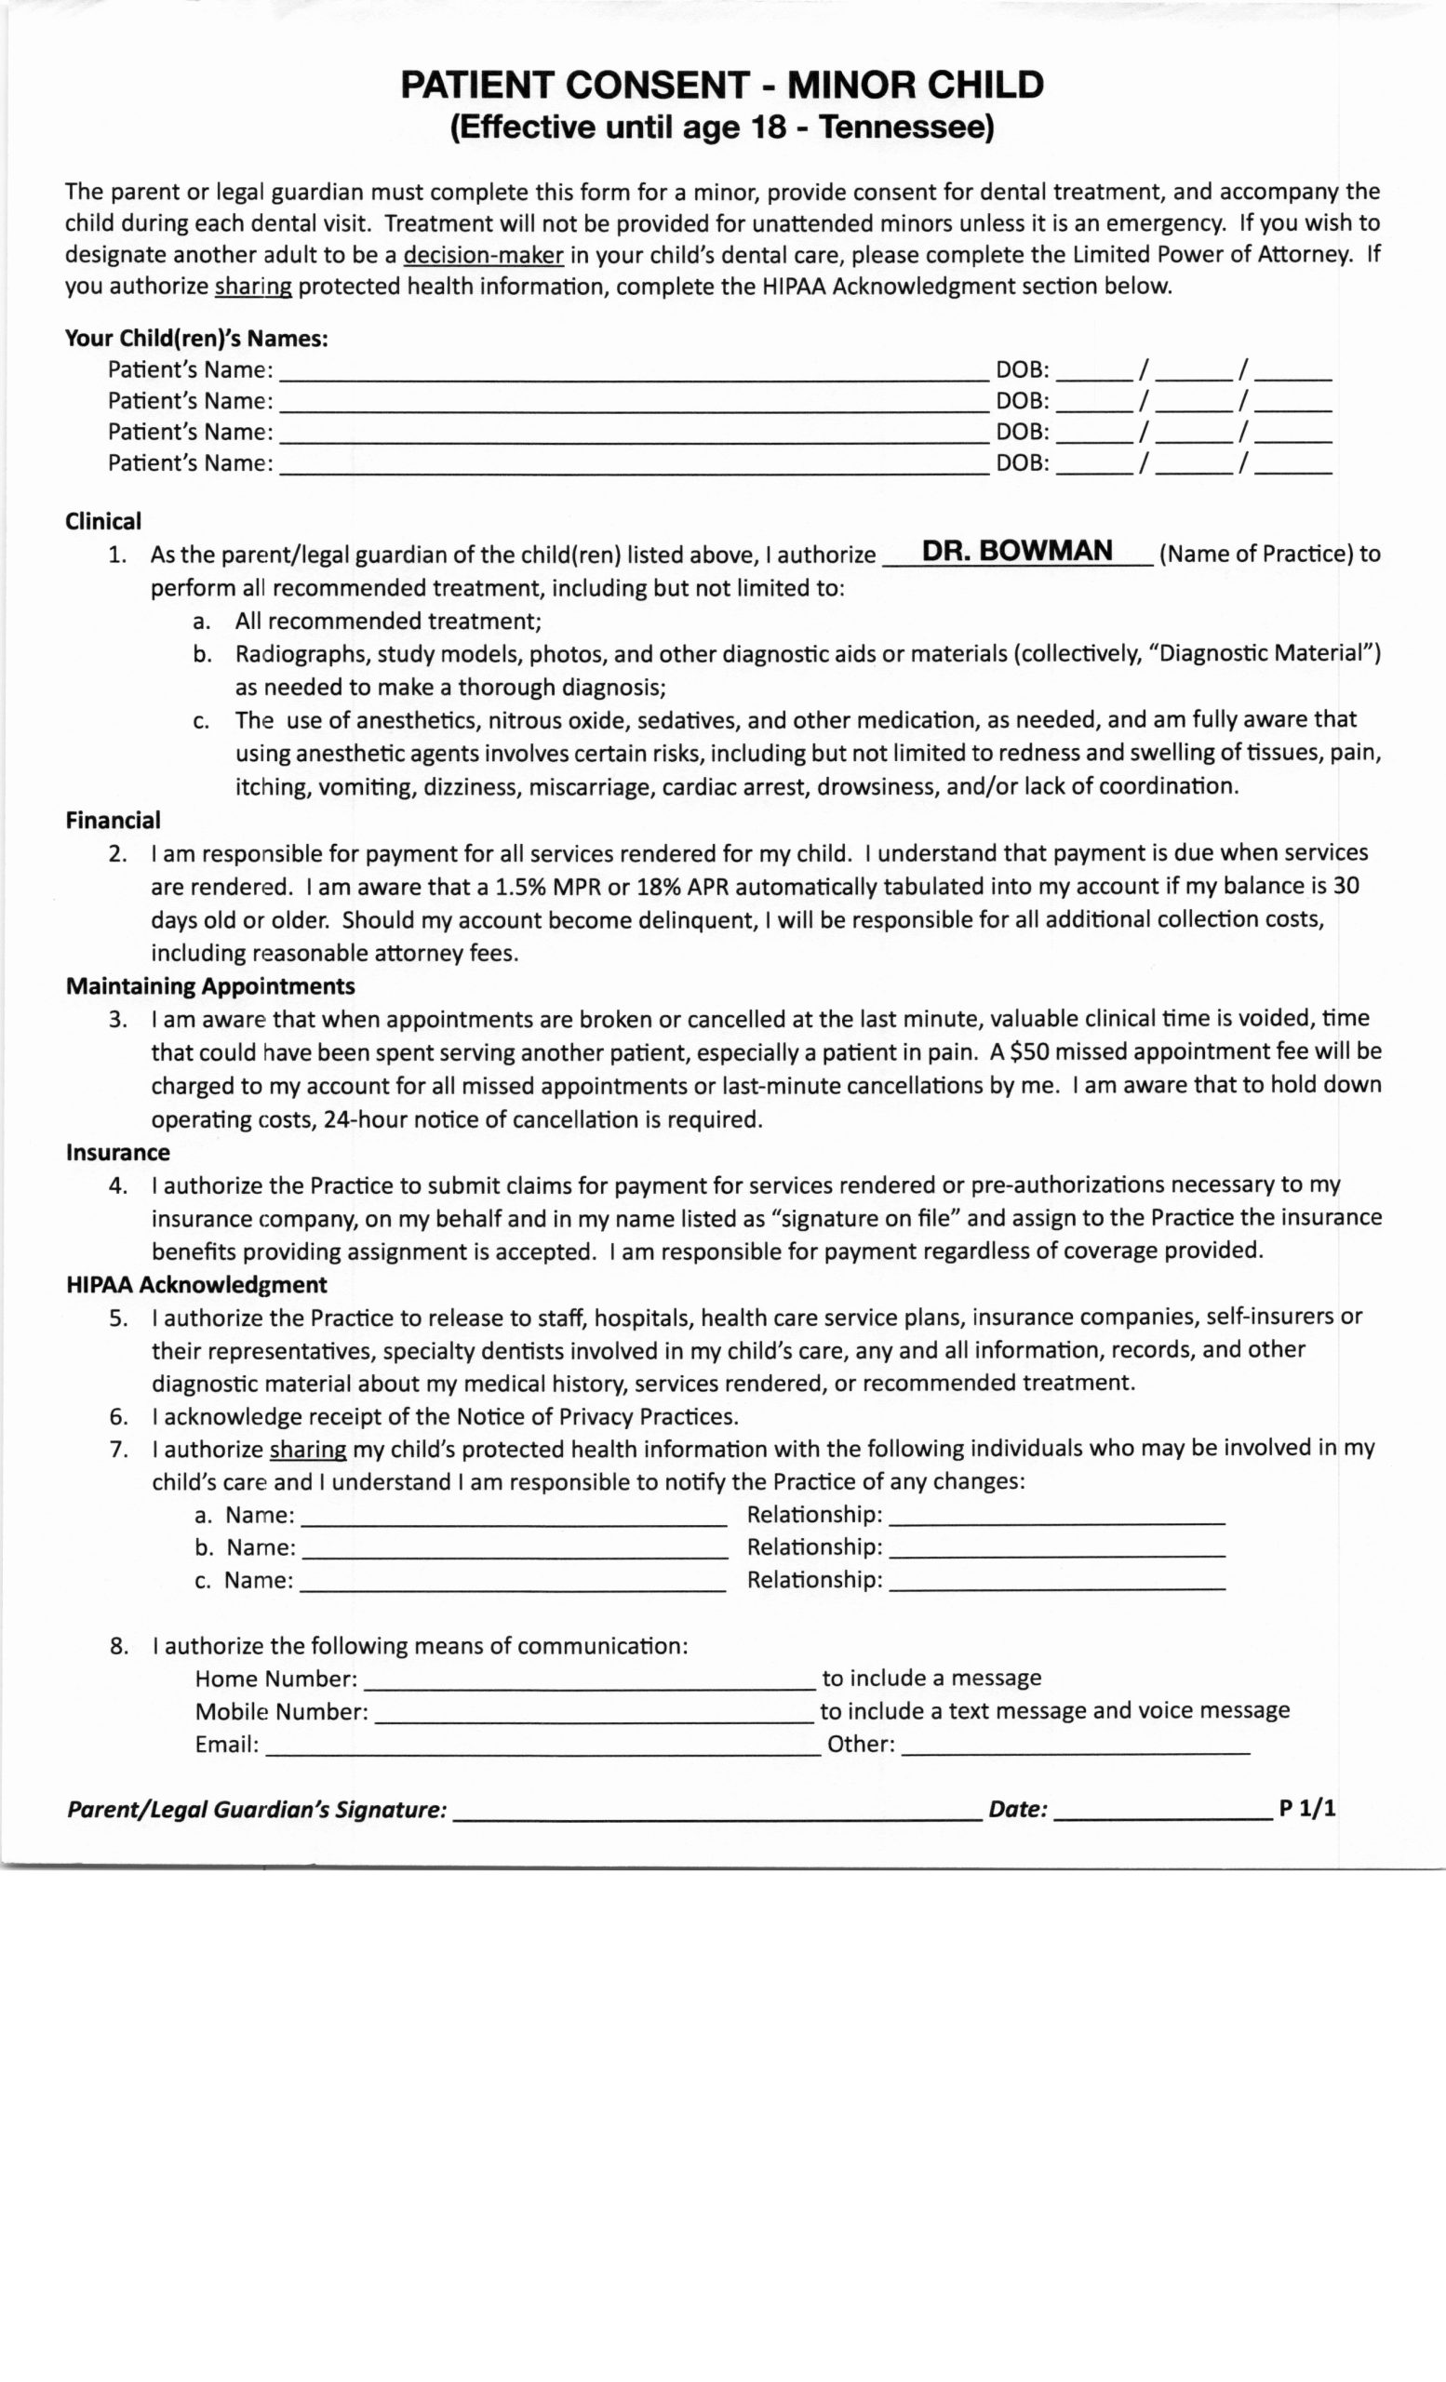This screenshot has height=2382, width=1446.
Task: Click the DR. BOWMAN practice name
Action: pos(1017,550)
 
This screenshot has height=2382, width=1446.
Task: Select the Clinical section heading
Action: pos(103,521)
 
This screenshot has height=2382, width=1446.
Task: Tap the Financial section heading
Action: pos(114,820)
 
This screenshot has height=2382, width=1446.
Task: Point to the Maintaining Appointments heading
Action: pos(209,985)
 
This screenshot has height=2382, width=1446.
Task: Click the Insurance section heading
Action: pos(118,1151)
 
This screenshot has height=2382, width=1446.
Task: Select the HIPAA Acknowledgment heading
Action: pos(196,1284)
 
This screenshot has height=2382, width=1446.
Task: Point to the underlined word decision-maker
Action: pos(483,255)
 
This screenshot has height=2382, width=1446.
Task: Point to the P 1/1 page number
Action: pos(1306,1808)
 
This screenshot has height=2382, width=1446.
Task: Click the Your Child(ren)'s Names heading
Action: pos(196,339)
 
